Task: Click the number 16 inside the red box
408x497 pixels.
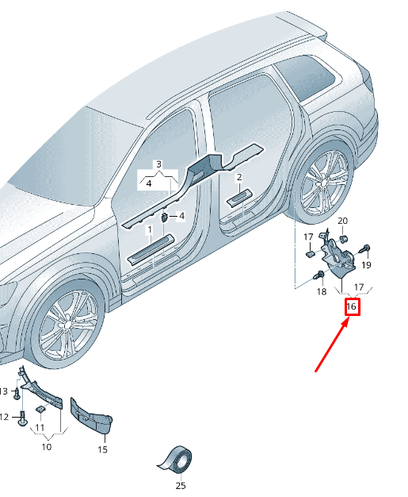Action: coord(352,306)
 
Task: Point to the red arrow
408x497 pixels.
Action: coord(332,345)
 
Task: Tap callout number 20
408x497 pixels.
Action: coord(342,221)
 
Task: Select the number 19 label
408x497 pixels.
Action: coord(366,264)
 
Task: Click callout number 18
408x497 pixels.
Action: coord(322,291)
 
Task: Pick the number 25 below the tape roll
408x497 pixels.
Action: coord(181,485)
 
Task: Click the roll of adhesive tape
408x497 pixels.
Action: coord(176,459)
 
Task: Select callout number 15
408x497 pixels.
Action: coord(102,449)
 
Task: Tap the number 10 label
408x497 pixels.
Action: coord(47,447)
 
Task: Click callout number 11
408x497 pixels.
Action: coord(40,427)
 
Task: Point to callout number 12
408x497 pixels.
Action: coord(4,417)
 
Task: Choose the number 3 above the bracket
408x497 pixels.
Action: coord(158,164)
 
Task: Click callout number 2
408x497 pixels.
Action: coord(239,177)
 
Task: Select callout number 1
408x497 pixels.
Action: coord(150,229)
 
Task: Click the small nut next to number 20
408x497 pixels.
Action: coord(344,238)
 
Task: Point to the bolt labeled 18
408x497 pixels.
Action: coord(318,275)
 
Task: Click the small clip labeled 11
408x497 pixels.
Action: coord(40,409)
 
